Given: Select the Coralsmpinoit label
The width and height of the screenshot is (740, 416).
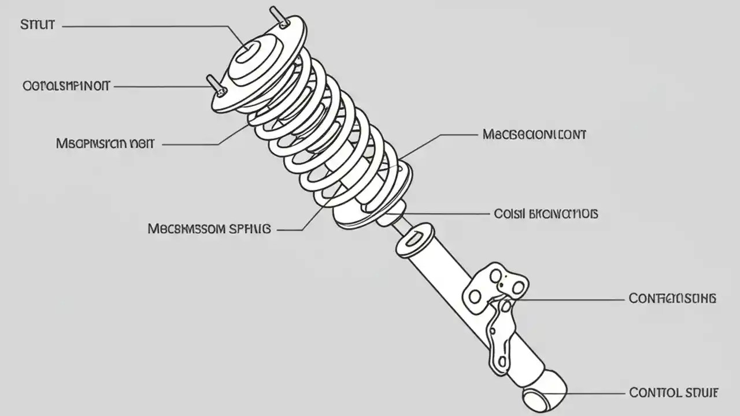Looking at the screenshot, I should tap(66, 86).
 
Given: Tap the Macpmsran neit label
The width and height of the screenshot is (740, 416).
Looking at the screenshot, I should tap(105, 143).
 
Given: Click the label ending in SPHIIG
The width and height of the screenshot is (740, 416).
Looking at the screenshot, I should tap(209, 229).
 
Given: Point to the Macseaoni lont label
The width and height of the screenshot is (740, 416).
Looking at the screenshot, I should tap(534, 135).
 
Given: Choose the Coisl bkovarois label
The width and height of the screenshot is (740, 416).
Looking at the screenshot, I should tap(546, 214).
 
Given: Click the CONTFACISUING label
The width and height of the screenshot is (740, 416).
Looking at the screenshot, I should tap(672, 299).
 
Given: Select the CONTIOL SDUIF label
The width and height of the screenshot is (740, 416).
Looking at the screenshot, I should tap(673, 393).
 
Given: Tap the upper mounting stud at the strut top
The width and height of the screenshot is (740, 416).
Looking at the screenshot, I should tap(279, 17).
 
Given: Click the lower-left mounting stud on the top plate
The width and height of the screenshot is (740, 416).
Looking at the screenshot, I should tap(216, 85).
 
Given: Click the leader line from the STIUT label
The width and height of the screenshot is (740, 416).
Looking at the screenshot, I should tap(145, 26).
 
